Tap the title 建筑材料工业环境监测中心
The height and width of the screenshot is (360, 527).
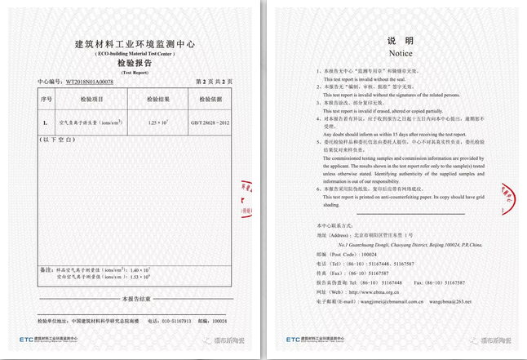coord(135,43)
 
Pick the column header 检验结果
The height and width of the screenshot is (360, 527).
coord(157,99)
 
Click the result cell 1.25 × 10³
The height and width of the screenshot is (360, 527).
coord(157,122)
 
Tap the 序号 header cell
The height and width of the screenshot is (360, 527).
coord(45,99)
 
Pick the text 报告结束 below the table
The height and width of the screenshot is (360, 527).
coord(135,300)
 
